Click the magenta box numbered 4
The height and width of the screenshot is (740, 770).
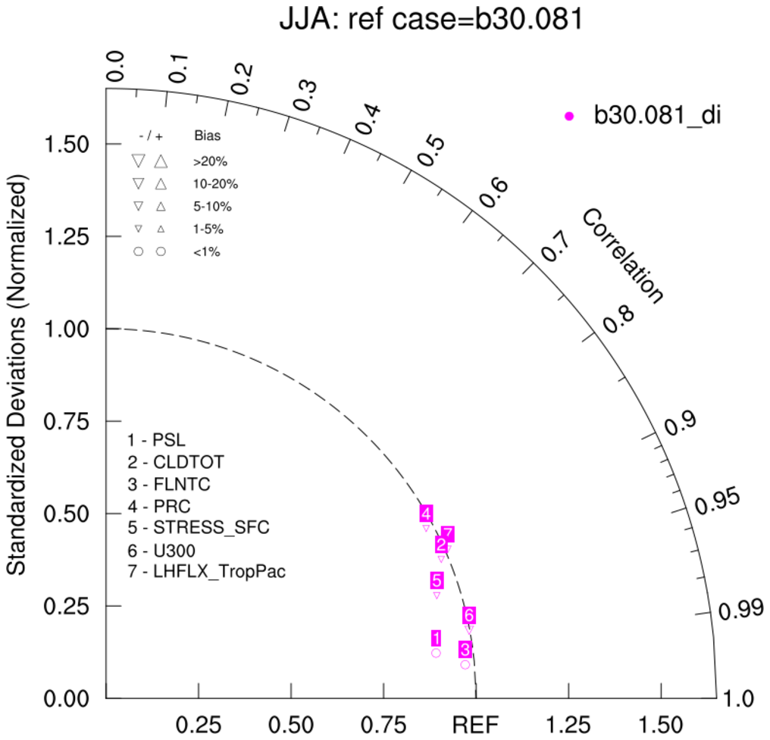click(427, 514)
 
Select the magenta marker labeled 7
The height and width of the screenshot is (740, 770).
click(448, 534)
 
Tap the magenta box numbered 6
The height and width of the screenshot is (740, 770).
click(469, 615)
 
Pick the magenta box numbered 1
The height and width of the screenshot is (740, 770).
click(436, 638)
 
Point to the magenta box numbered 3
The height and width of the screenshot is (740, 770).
click(465, 649)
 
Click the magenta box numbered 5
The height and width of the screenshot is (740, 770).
click(437, 581)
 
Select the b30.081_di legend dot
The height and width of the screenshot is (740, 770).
click(570, 116)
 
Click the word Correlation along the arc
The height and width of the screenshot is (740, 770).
click(622, 257)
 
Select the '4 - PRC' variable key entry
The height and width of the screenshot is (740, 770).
click(159, 504)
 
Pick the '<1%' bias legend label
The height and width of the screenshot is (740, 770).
click(207, 252)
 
